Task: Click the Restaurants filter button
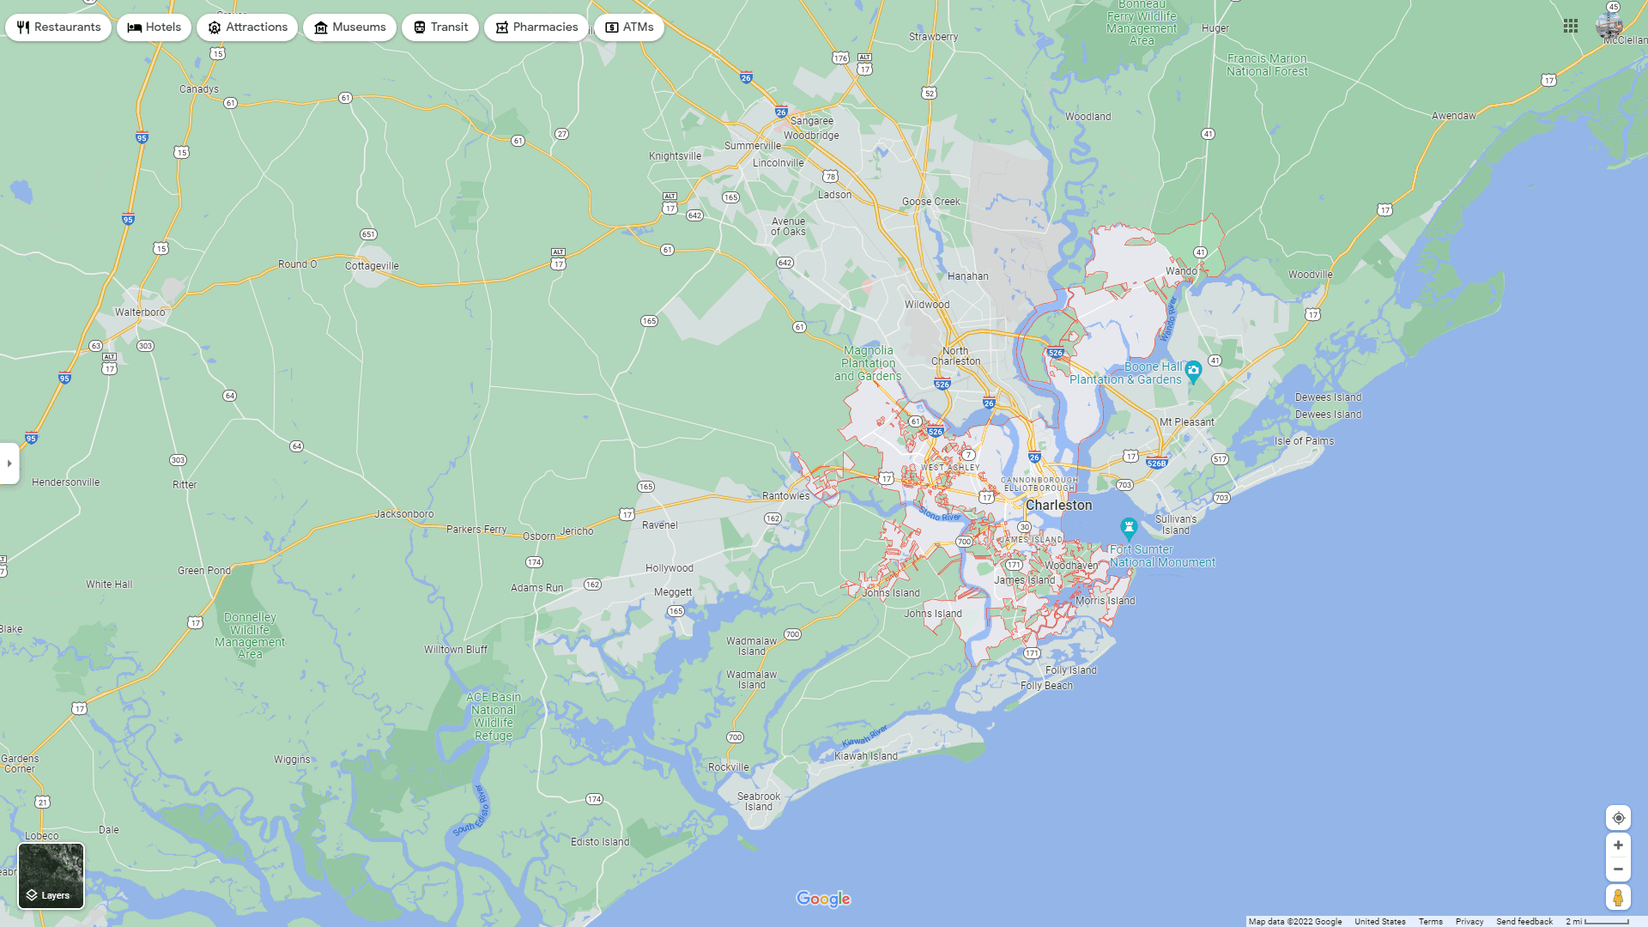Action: click(x=58, y=27)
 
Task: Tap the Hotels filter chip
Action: click(x=154, y=27)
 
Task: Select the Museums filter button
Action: click(x=349, y=27)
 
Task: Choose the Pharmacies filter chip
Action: click(x=536, y=27)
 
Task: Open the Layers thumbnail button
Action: click(x=51, y=875)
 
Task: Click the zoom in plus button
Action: click(x=1618, y=845)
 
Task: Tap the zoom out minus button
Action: click(x=1618, y=869)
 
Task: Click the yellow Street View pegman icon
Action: click(x=1618, y=898)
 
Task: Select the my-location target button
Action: click(x=1618, y=818)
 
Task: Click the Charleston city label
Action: click(x=1059, y=506)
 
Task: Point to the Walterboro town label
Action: click(x=140, y=312)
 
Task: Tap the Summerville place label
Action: click(x=753, y=146)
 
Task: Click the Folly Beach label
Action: click(x=1046, y=686)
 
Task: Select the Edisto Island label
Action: click(x=600, y=842)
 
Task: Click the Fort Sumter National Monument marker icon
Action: click(x=1129, y=527)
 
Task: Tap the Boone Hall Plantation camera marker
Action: click(x=1193, y=372)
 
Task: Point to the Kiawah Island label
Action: click(x=866, y=756)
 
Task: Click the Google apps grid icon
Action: click(x=1571, y=27)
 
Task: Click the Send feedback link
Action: click(x=1524, y=922)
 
